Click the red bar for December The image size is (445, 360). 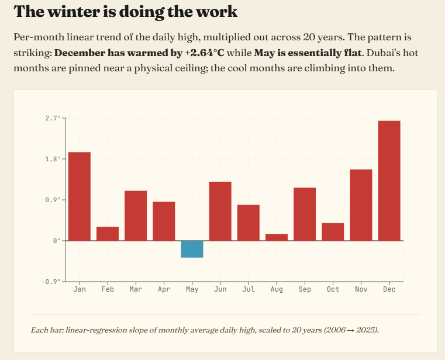389,181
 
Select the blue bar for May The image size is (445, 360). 192,249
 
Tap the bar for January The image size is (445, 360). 80,196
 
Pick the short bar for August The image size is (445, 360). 277,237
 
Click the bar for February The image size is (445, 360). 108,234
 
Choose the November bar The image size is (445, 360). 361,205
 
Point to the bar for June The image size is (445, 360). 220,211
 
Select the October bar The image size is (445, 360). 333,232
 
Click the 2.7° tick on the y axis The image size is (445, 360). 53,118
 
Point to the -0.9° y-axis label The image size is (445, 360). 51,282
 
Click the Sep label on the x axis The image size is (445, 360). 305,289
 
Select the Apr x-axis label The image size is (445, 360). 164,289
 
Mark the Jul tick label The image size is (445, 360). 249,289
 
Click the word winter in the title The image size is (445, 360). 77,12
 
